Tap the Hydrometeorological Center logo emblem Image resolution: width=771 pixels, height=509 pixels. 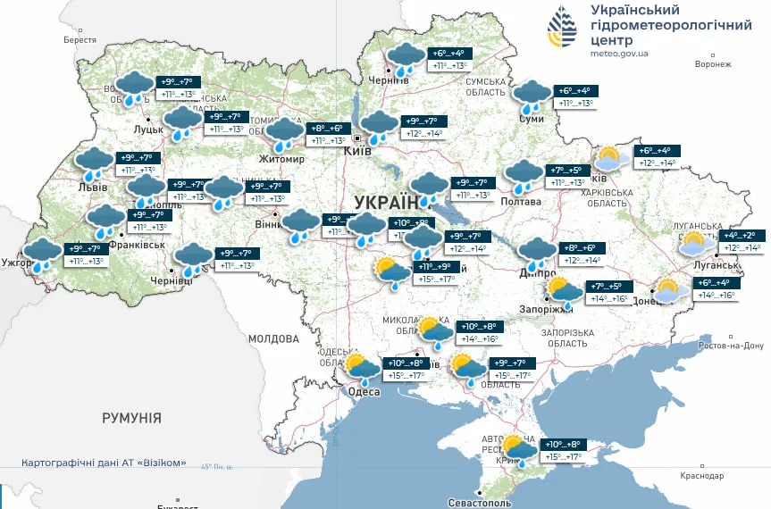pos(563,29)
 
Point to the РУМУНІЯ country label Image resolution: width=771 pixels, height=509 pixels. pos(131,418)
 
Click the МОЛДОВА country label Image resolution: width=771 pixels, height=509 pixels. pos(272,339)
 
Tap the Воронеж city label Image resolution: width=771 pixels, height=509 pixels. pos(712,64)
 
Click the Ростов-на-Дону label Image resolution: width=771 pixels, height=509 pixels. pos(732,346)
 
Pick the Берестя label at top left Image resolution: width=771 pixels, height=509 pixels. pos(80,40)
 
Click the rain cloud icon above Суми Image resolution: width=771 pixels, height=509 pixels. pos(532,95)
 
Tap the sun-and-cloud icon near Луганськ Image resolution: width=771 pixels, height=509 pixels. pos(696,243)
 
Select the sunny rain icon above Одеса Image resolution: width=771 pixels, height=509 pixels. pos(363,367)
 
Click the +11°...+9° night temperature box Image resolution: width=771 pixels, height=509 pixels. pos(437,267)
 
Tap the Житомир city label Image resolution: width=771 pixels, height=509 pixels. pos(281,160)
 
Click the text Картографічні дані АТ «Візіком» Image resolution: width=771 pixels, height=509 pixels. pos(105,463)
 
